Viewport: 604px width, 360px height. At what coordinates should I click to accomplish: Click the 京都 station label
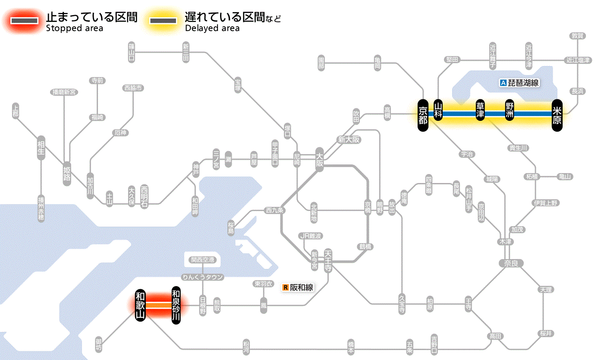(x=423, y=114)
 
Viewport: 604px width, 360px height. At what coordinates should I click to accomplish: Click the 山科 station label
(x=438, y=111)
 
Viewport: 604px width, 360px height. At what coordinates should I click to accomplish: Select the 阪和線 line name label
(x=301, y=287)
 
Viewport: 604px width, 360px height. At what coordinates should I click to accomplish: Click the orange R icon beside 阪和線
(x=285, y=287)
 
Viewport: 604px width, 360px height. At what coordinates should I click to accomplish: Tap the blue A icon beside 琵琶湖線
(x=503, y=83)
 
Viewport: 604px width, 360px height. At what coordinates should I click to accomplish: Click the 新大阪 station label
(x=349, y=140)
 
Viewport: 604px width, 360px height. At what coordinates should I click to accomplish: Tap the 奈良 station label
(x=511, y=263)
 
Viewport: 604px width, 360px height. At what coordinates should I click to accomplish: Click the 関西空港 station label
(x=202, y=260)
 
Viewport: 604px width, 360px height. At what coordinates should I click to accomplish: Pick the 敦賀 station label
(x=578, y=36)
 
